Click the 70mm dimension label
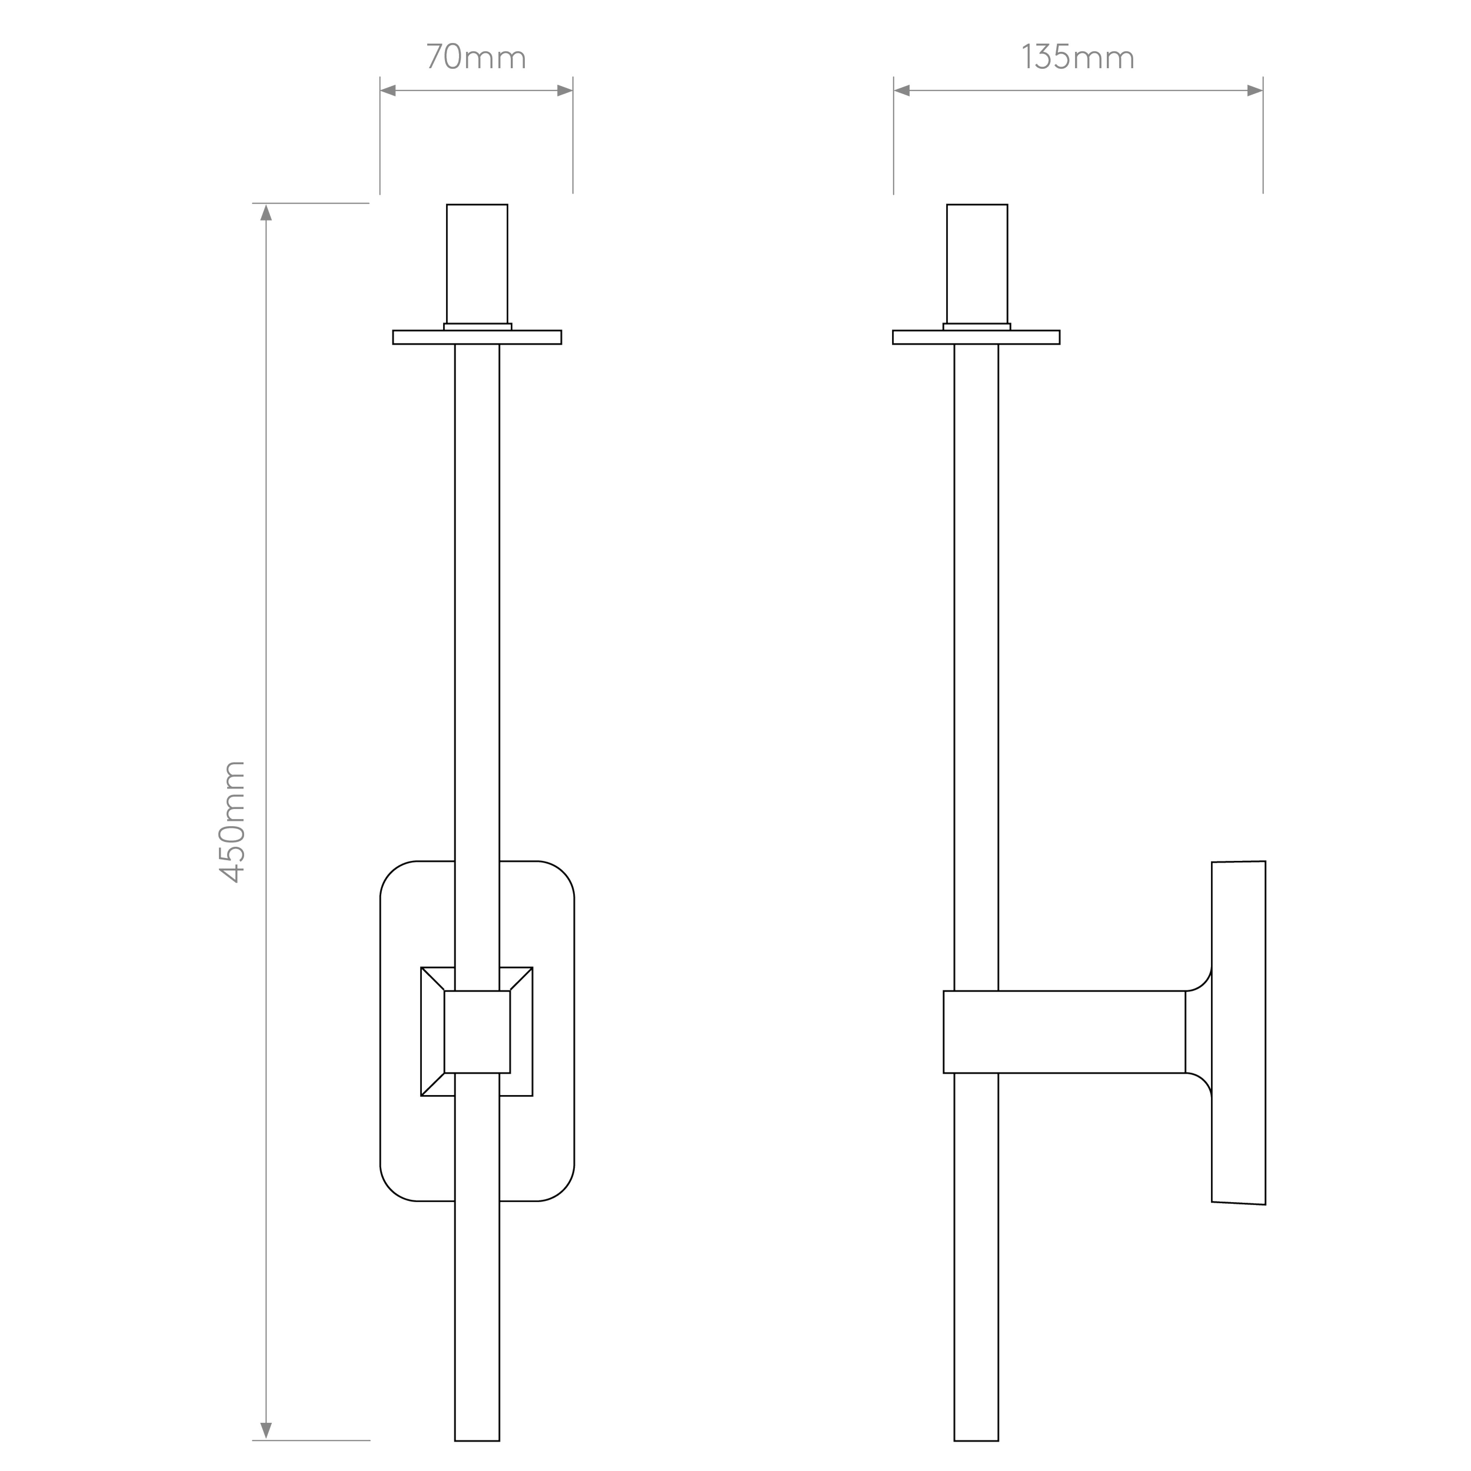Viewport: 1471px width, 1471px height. click(x=476, y=57)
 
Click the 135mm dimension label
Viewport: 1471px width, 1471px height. click(x=1078, y=57)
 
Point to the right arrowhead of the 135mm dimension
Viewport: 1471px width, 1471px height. click(x=1255, y=90)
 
